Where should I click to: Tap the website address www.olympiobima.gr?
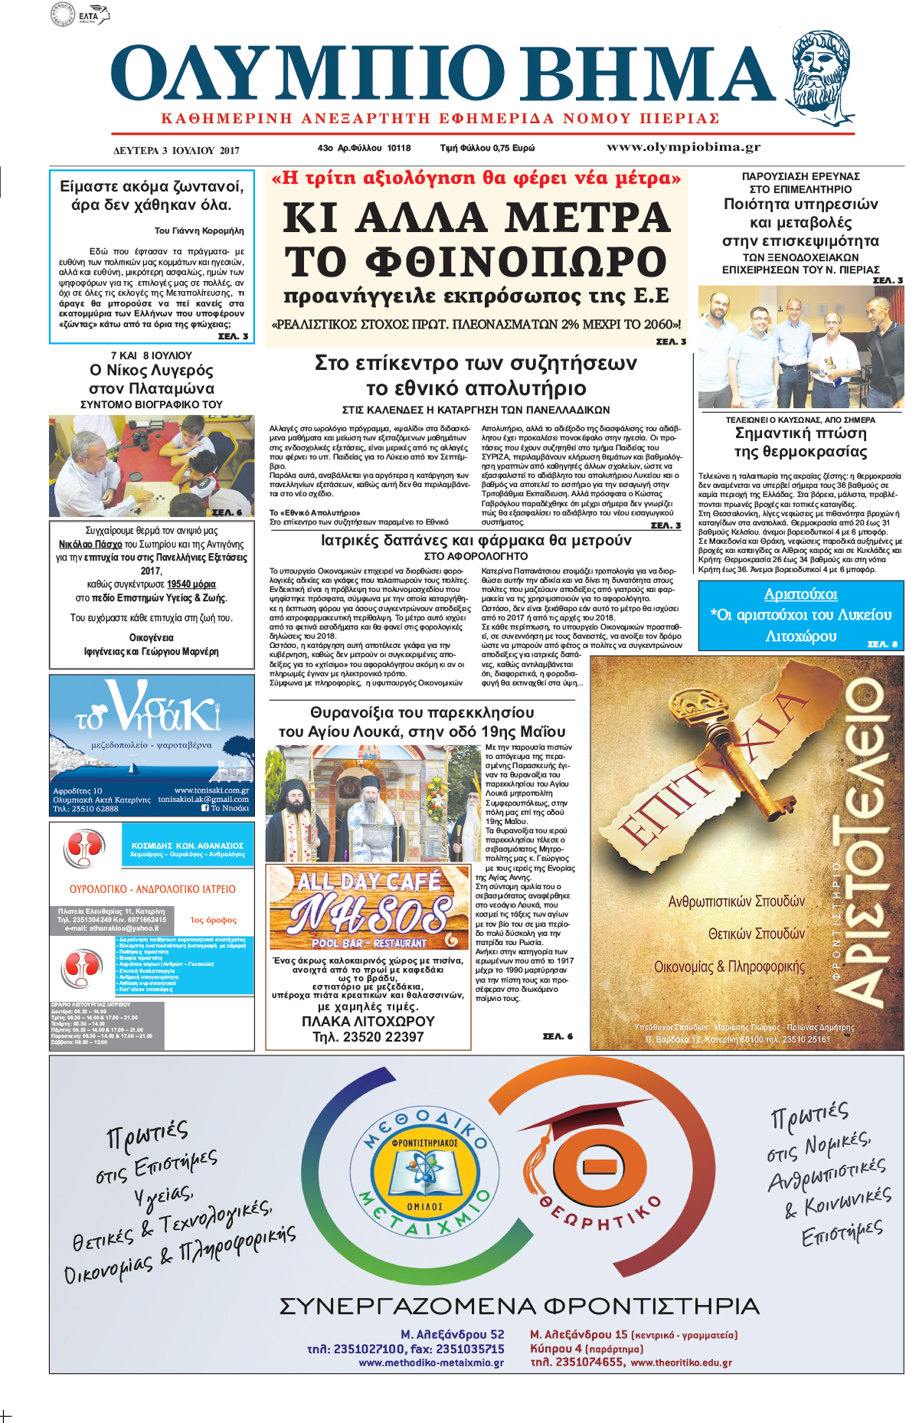(683, 147)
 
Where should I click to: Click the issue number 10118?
(398, 148)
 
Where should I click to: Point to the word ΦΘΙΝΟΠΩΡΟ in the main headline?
(476, 261)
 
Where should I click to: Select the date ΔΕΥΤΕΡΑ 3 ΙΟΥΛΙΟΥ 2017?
(176, 150)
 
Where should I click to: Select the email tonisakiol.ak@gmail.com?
(204, 799)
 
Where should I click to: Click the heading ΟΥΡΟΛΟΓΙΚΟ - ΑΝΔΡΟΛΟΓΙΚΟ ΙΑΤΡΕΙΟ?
(152, 889)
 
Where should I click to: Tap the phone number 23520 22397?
(368, 1037)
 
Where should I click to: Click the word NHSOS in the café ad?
(370, 914)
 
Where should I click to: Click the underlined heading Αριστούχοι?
(800, 594)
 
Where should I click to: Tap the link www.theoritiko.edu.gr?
(681, 1362)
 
